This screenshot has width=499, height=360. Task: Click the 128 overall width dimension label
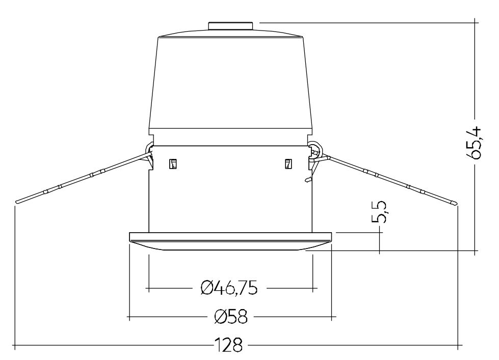(x=228, y=344)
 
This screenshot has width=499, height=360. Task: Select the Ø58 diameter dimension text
(x=231, y=317)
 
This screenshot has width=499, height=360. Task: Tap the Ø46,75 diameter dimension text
(x=229, y=288)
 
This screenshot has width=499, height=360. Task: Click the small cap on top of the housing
(x=231, y=26)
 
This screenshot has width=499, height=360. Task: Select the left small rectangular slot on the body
(x=173, y=164)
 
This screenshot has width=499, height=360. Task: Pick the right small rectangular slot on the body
(x=288, y=164)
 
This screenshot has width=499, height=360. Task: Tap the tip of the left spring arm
(x=16, y=202)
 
